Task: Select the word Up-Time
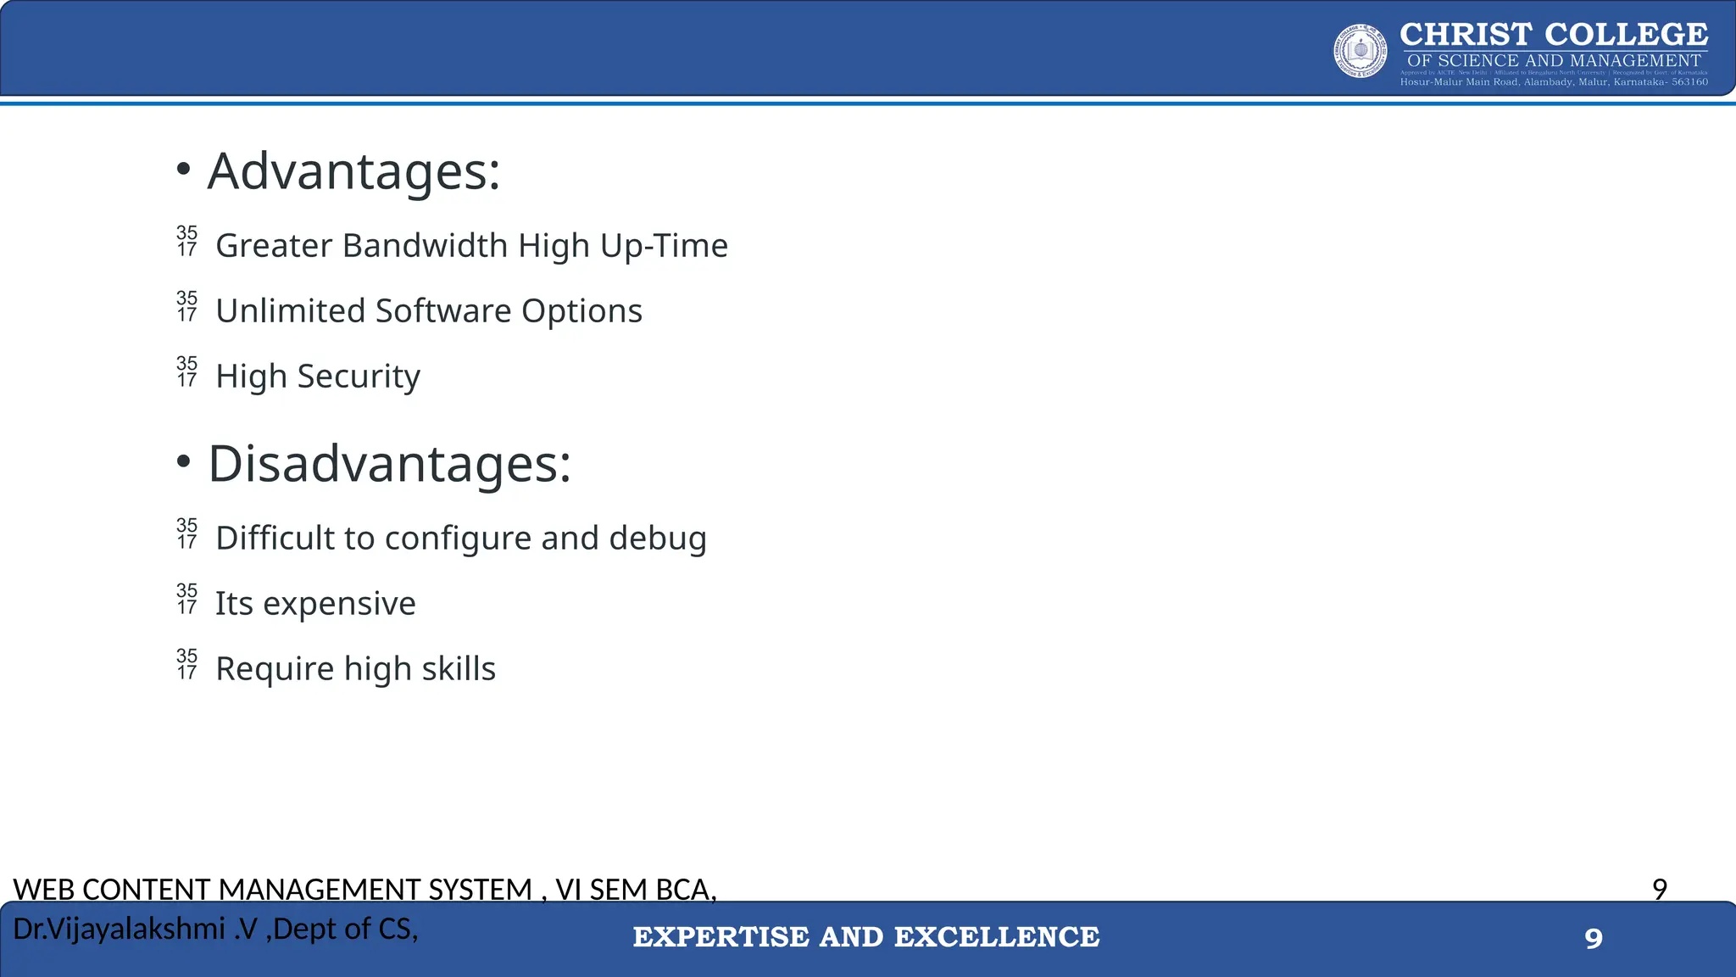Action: click(664, 246)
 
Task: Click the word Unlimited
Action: click(291, 311)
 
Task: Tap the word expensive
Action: click(339, 605)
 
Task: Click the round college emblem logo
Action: click(1360, 51)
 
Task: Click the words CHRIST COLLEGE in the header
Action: click(1554, 35)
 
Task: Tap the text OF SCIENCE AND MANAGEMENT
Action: click(1554, 61)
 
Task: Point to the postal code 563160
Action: click(1689, 82)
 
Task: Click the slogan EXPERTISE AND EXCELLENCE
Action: click(866, 937)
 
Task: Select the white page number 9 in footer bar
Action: click(1594, 939)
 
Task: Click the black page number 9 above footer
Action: click(1660, 889)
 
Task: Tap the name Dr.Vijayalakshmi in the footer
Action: click(119, 930)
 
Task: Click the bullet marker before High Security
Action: click(186, 372)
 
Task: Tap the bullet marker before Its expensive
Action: click(186, 600)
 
